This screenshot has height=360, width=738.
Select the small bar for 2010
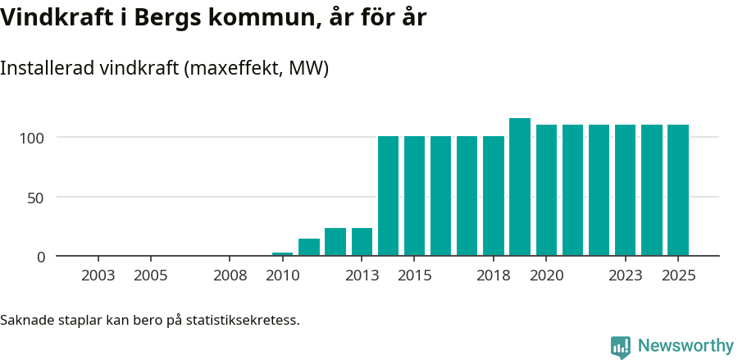click(x=282, y=254)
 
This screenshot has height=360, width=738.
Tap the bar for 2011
click(x=309, y=247)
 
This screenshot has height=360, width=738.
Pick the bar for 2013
click(x=362, y=242)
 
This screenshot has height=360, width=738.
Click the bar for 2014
click(x=388, y=196)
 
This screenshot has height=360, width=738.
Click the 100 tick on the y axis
click(x=34, y=137)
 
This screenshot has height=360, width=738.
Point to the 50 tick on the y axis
click(x=38, y=198)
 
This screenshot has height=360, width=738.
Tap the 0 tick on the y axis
click(x=42, y=257)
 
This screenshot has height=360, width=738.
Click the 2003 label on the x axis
click(x=98, y=276)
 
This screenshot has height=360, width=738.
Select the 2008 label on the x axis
click(x=230, y=276)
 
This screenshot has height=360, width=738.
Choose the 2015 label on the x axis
click(x=414, y=276)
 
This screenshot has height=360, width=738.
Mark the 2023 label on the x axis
click(x=625, y=276)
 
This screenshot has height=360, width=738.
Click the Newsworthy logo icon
click(x=621, y=347)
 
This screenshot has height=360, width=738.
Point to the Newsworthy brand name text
click(x=686, y=347)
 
